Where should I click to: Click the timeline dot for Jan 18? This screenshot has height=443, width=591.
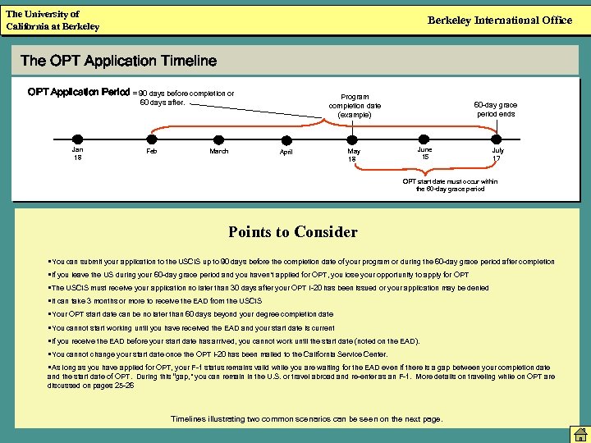click(76, 139)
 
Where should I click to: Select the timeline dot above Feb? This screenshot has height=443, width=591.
click(151, 139)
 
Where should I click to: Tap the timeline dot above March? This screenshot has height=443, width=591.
click(218, 139)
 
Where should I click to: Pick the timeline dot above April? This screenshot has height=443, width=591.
click(286, 139)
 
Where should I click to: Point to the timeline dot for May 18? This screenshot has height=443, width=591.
click(353, 139)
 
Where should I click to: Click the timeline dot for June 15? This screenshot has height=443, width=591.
click(424, 139)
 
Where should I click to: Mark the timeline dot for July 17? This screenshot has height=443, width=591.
click(498, 139)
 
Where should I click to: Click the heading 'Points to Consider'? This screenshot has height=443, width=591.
click(293, 232)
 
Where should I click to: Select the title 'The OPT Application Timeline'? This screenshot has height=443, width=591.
click(118, 61)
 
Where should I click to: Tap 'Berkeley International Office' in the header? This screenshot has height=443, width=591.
click(500, 21)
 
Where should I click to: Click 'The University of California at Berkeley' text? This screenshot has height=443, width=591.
click(53, 21)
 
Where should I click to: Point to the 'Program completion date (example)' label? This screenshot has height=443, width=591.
click(354, 105)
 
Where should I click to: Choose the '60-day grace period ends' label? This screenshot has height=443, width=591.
click(496, 109)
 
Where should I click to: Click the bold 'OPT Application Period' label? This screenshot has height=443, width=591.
click(79, 93)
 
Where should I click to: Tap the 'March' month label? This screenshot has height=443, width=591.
click(218, 152)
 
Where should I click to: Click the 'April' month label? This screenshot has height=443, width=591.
click(286, 153)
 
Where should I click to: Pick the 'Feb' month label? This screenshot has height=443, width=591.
click(151, 152)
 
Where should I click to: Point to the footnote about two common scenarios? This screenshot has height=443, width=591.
click(306, 419)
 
